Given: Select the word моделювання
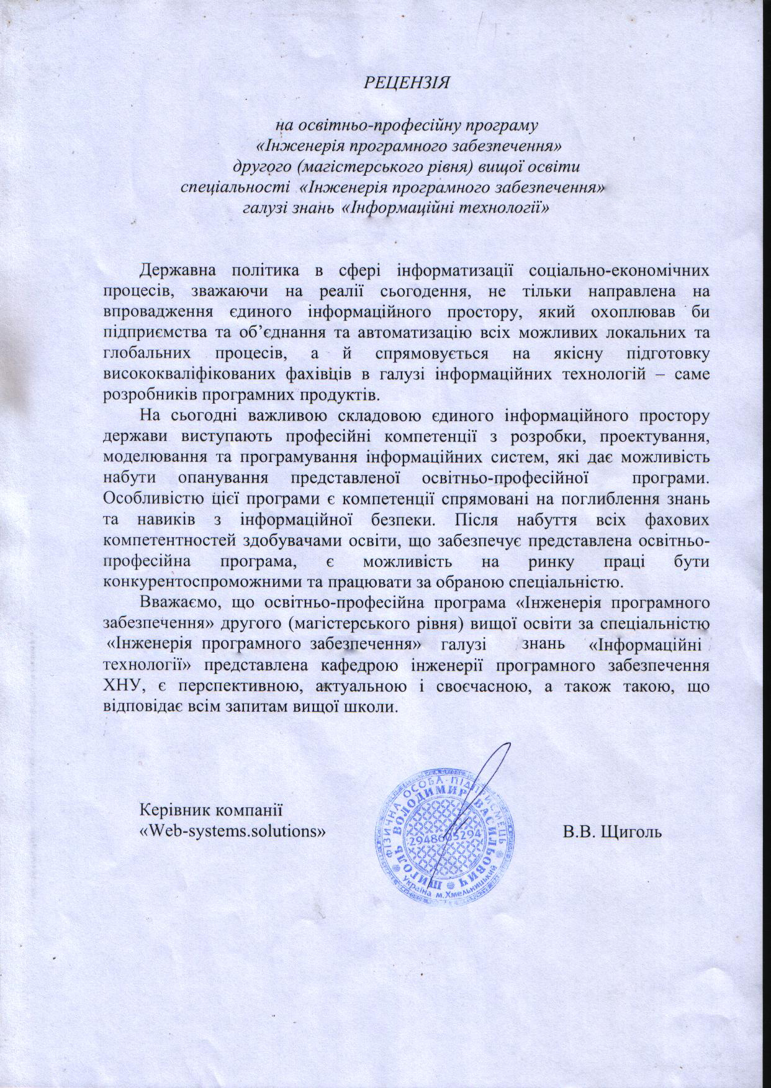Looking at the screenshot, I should pos(148,458).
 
